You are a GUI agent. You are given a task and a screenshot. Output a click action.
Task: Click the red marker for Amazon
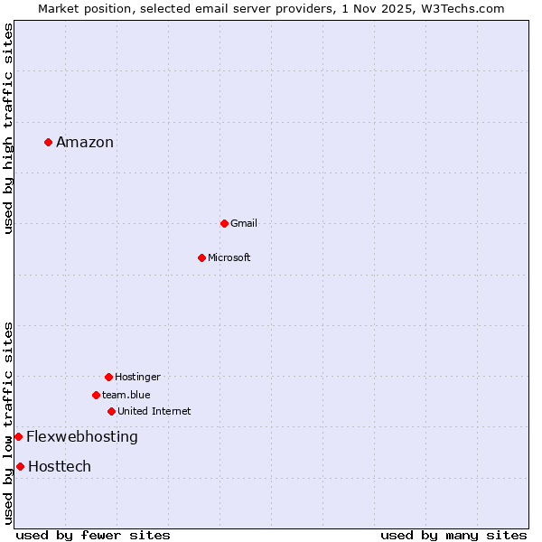48,142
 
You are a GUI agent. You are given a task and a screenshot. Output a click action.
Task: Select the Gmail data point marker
224,223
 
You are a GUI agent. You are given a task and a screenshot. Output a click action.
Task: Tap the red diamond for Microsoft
201,257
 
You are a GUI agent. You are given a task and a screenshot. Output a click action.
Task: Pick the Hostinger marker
108,377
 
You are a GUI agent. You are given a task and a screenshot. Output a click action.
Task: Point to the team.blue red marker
96,395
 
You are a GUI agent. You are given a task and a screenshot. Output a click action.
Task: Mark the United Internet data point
111,411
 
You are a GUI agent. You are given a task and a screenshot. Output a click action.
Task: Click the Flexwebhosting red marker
18,436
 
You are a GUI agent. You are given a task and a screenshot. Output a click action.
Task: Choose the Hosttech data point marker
20,466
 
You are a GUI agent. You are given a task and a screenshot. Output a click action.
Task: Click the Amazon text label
85,142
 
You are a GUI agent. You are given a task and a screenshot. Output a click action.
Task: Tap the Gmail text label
244,223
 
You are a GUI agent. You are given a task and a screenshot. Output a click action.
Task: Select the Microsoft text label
229,257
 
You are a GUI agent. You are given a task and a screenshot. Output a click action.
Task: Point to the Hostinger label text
137,377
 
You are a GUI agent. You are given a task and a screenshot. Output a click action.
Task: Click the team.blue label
126,395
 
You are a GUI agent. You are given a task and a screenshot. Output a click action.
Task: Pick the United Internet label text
154,411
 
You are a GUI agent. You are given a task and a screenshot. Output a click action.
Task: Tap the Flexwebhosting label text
82,436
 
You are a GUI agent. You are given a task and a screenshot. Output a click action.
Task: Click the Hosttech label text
60,466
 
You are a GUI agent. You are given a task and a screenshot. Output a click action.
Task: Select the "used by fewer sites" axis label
93,535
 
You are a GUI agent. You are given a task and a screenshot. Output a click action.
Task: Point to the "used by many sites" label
453,535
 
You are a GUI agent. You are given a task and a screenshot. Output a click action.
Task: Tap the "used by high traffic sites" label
8,128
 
